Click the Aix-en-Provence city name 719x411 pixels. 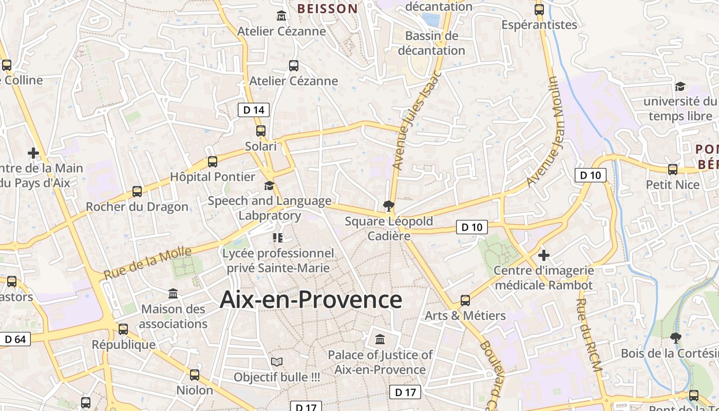click(311, 299)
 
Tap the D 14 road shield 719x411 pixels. click(254, 109)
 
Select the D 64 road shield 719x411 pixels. click(15, 339)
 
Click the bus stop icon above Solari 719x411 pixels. click(261, 131)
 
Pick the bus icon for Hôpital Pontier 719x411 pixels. click(213, 162)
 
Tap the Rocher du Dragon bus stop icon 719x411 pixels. click(137, 192)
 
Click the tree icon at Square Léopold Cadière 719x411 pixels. click(389, 207)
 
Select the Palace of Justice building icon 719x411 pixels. click(380, 340)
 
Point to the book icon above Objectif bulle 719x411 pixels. click(277, 362)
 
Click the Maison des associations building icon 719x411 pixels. click(174, 294)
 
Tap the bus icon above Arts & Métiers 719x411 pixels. click(465, 300)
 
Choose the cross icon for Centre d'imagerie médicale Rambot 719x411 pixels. click(544, 255)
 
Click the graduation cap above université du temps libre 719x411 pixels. click(680, 86)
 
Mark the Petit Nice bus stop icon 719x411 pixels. click(673, 170)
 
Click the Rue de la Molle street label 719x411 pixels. click(147, 263)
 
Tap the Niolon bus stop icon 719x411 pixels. click(195, 375)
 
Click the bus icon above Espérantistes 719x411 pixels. click(539, 9)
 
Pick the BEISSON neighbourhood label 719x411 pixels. click(327, 8)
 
